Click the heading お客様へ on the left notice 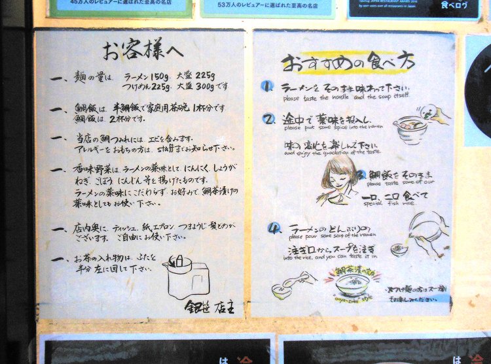click(143, 50)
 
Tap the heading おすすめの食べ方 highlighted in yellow click(348, 62)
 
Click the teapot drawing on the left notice click(183, 276)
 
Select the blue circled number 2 click(268, 119)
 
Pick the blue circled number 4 click(274, 228)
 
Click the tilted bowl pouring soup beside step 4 click(427, 225)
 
